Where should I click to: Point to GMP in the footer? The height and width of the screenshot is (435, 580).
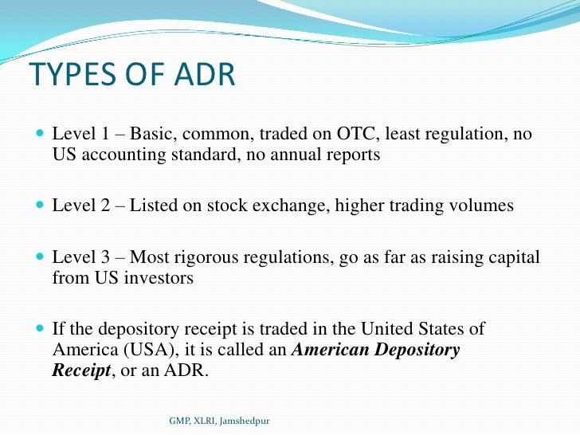tap(181, 419)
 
